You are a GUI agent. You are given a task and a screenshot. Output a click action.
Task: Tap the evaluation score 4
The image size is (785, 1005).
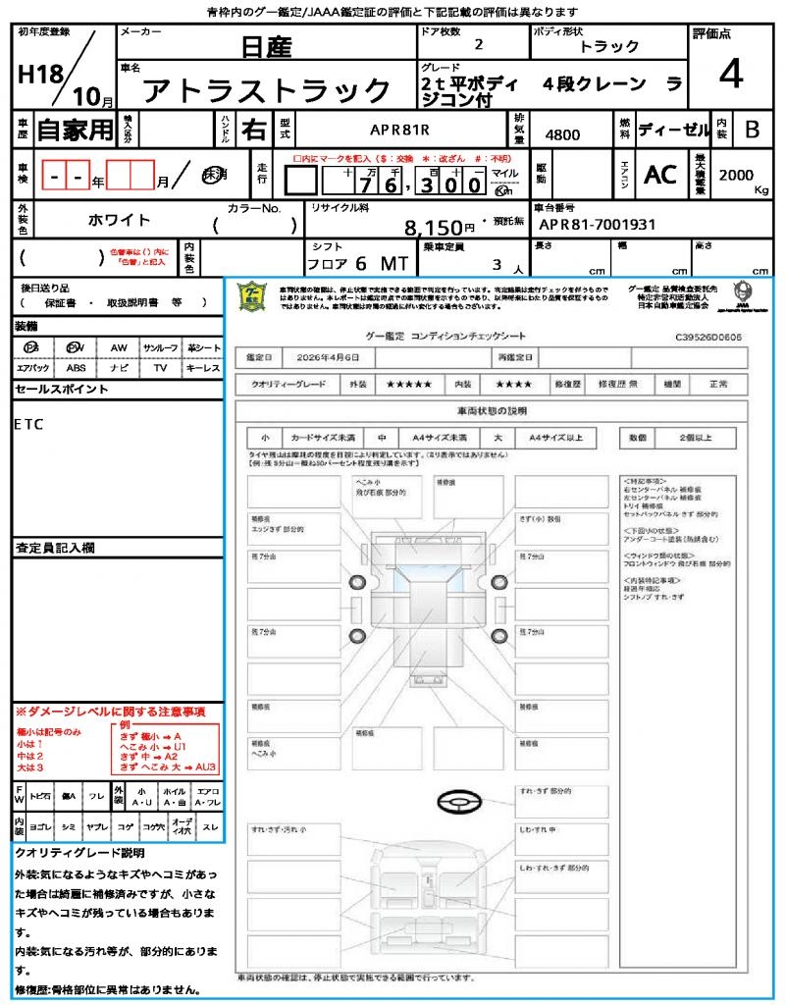tap(729, 75)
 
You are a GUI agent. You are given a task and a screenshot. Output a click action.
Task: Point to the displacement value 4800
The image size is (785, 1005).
tap(561, 133)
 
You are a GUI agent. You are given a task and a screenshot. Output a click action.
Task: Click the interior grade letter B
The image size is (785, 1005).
tap(752, 129)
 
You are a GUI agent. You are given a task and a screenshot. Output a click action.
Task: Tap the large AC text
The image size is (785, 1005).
tap(660, 175)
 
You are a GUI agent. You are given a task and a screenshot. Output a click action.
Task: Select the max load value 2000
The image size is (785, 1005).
tap(736, 175)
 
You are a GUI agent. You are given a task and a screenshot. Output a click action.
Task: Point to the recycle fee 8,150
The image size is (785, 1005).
tap(433, 228)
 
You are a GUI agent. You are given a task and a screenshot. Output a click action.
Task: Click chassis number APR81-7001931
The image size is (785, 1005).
tap(595, 224)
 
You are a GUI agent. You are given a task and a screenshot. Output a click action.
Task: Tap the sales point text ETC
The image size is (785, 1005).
tap(29, 425)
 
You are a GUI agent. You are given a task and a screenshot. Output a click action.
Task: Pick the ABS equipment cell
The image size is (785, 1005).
tap(76, 368)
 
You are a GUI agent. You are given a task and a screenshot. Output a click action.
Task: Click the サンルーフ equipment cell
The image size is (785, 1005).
tap(160, 347)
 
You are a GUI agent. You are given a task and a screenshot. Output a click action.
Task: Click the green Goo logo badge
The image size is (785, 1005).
tap(253, 296)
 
